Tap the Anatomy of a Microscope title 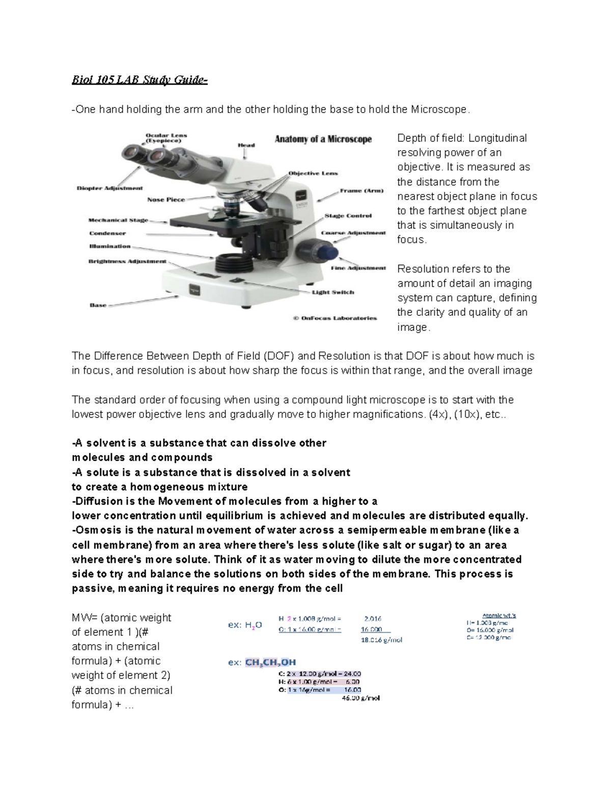(x=323, y=139)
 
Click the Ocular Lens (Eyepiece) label (x=166, y=138)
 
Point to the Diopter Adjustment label (x=109, y=188)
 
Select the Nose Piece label (x=166, y=200)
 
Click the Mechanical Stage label (x=118, y=220)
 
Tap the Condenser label (x=107, y=233)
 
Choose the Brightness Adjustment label (x=127, y=261)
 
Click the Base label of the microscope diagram (x=98, y=305)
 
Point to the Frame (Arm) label (x=362, y=190)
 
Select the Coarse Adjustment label (x=353, y=233)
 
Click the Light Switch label (x=333, y=292)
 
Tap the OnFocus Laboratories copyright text (x=335, y=318)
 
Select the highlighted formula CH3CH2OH (x=270, y=663)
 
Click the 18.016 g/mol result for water (x=381, y=640)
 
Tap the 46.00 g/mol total (x=360, y=698)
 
